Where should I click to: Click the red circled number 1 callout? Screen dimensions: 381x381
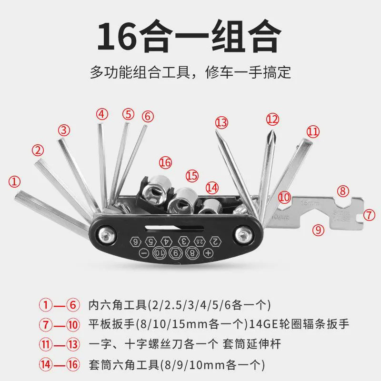pyautogui.click(x=16, y=181)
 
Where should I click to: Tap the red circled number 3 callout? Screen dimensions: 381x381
pyautogui.click(x=65, y=130)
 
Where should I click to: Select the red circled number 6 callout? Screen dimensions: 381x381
pyautogui.click(x=148, y=116)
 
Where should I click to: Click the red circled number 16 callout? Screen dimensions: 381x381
pyautogui.click(x=165, y=162)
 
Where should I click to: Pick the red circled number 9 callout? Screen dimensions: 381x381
pyautogui.click(x=319, y=230)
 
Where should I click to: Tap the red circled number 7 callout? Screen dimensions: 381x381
pyautogui.click(x=369, y=215)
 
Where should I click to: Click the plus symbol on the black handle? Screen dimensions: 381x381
pyautogui.click(x=208, y=252)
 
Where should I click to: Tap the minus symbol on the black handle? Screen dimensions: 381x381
pyautogui.click(x=144, y=252)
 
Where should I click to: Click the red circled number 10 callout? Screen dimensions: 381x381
pyautogui.click(x=284, y=196)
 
